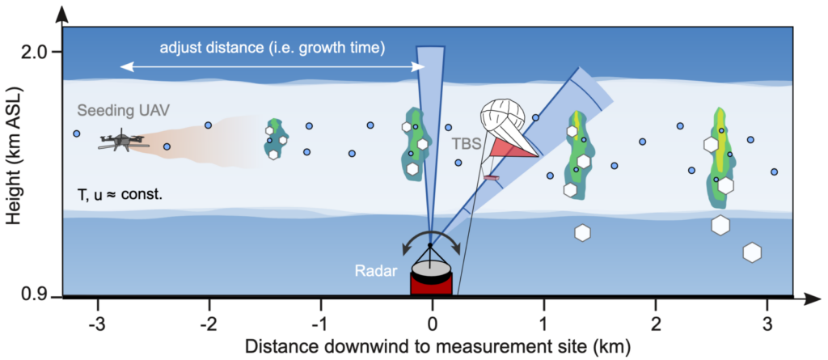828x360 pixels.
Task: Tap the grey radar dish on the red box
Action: [x=431, y=269]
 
